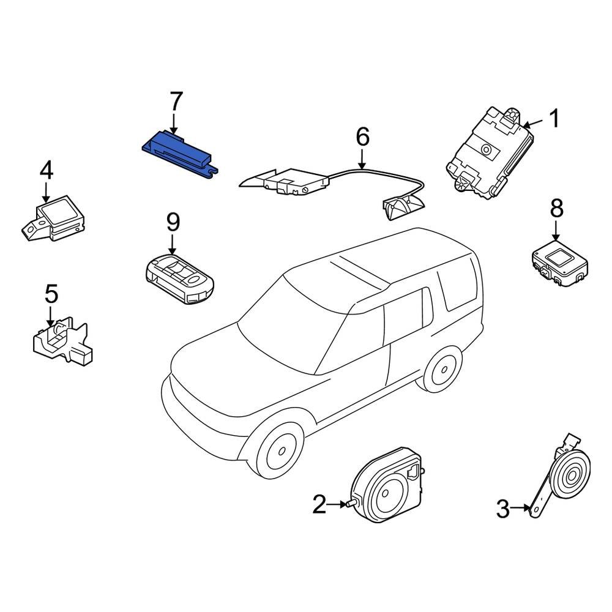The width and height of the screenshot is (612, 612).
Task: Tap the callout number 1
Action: pos(553,118)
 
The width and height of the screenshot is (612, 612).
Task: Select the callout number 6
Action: pos(363,136)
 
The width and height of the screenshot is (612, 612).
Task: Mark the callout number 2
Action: pos(319,505)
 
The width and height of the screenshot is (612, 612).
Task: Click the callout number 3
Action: pos(502,508)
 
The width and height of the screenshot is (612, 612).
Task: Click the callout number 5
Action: pos(51,294)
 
